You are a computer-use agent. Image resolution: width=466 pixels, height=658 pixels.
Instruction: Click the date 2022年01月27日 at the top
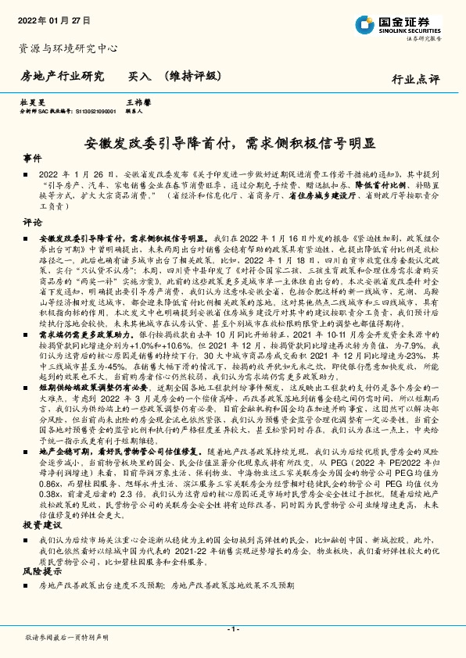point(54,20)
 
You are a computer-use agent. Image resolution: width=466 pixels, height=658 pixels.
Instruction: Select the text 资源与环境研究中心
point(68,48)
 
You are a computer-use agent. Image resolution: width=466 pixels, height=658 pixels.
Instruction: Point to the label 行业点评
point(416,79)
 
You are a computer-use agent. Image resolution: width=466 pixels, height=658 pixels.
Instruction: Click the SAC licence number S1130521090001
point(88,111)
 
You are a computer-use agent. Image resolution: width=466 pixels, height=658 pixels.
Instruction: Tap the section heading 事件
point(32,157)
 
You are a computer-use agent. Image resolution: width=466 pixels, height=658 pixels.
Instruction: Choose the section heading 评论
point(32,221)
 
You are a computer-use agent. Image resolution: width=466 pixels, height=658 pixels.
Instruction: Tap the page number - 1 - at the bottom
point(232,629)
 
